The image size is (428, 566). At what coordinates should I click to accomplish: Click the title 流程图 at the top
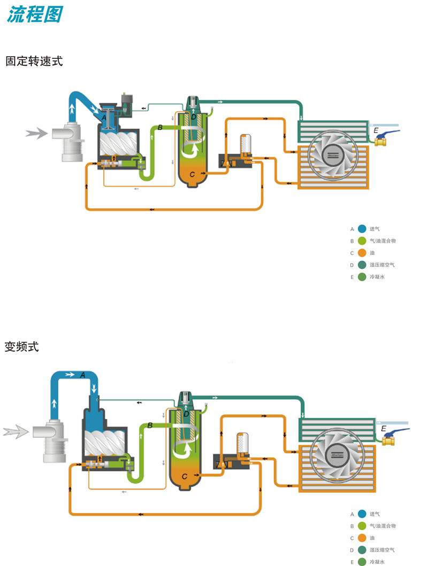35,14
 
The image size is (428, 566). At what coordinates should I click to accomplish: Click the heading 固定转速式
34,61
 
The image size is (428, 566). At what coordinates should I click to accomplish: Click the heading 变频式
22,346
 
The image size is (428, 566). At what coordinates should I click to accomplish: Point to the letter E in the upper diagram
376,130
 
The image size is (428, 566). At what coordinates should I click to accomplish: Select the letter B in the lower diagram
150,425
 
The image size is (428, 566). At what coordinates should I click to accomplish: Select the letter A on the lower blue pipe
83,375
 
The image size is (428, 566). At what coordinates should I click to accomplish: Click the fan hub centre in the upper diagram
333,155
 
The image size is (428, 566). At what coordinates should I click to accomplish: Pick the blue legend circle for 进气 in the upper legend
362,229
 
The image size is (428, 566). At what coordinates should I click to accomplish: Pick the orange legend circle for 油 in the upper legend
362,253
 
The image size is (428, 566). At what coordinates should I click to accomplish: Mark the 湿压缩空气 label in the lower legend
382,550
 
